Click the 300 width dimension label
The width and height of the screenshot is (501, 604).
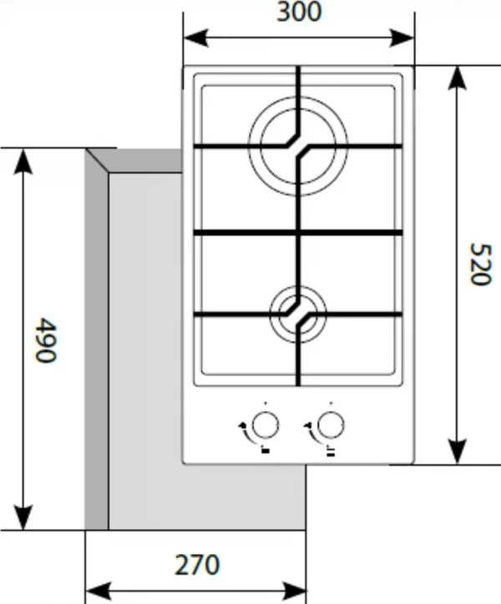click(299, 12)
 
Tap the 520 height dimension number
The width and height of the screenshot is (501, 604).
click(481, 264)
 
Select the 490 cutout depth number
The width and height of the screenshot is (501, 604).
click(46, 340)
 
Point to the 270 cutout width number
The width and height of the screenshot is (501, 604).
click(197, 565)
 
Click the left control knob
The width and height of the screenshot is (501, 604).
click(265, 425)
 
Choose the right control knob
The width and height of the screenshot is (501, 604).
click(331, 425)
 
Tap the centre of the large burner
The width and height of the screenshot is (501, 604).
click(298, 146)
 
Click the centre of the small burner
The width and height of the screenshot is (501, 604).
click(298, 315)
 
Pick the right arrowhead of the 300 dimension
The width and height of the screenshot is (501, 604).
click(402, 38)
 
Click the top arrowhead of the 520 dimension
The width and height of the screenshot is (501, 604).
click(457, 78)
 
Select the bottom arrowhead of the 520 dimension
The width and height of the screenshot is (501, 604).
click(457, 451)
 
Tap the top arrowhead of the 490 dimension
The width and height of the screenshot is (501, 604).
click(23, 162)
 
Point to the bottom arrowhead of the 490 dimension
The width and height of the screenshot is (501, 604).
click(23, 517)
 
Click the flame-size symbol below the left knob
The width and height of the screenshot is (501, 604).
click(266, 450)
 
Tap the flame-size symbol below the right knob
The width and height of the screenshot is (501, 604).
click(331, 450)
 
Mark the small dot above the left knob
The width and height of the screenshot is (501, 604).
click(266, 403)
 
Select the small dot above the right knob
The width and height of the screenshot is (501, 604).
click(331, 403)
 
